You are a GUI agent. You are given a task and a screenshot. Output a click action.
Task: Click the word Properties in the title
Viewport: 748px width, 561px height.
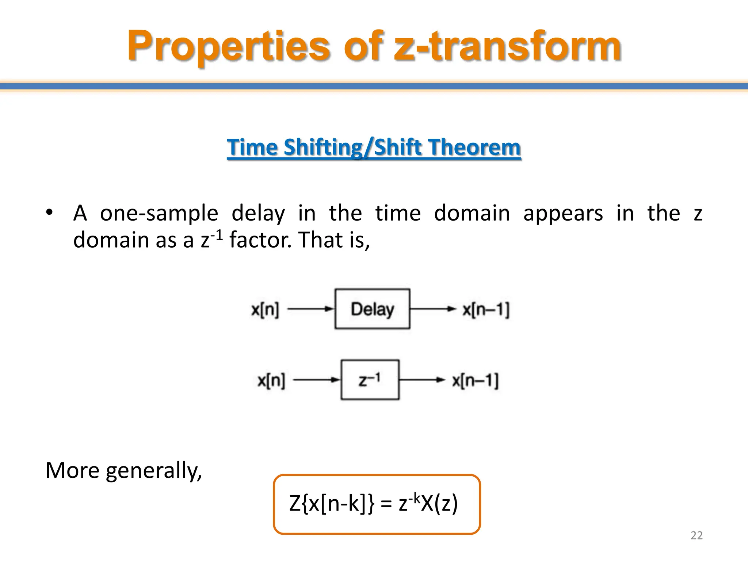(x=229, y=46)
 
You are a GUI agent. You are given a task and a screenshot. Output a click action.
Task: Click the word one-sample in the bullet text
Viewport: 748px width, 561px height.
(x=159, y=213)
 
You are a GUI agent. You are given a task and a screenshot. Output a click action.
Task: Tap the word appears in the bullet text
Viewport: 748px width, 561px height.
(x=563, y=213)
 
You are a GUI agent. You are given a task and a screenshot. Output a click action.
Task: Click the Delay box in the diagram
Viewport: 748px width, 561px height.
(x=372, y=309)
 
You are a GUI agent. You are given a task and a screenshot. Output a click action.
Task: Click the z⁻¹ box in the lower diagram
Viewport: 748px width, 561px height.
(x=370, y=380)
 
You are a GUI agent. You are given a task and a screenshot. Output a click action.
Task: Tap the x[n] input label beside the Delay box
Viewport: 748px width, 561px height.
(x=265, y=310)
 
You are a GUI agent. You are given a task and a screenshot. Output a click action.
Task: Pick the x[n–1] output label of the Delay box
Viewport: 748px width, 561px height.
(x=486, y=310)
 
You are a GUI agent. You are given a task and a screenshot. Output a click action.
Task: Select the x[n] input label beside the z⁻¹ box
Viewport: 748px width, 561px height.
(x=271, y=381)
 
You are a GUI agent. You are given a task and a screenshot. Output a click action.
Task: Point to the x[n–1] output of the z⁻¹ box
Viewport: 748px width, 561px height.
(x=475, y=381)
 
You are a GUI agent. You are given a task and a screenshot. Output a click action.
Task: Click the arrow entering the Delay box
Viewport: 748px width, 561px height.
(x=310, y=309)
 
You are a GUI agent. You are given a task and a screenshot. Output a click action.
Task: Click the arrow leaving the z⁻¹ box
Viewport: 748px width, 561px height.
(x=422, y=380)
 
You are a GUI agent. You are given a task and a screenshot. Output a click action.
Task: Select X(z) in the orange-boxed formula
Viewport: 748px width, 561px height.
(x=439, y=504)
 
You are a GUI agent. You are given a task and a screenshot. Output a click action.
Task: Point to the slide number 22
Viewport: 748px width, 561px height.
(x=697, y=535)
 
